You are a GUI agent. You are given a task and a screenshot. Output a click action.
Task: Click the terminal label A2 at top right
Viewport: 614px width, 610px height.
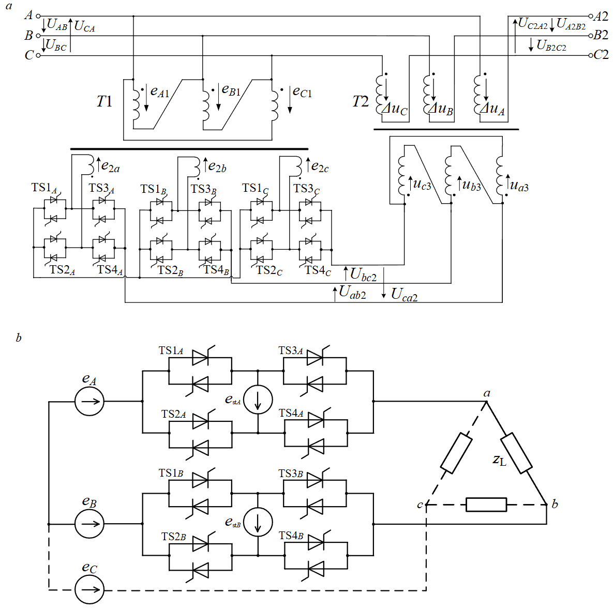pos(601,16)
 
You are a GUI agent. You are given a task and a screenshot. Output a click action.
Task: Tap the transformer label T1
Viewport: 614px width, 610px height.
pos(104,101)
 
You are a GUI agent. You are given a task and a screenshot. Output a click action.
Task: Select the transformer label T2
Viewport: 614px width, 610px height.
pos(361,101)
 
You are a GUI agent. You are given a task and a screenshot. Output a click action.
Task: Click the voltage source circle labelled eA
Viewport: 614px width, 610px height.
pos(89,401)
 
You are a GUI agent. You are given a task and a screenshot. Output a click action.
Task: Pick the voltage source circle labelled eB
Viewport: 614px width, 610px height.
pos(89,524)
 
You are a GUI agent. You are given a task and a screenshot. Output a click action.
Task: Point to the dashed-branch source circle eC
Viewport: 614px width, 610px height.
pos(89,589)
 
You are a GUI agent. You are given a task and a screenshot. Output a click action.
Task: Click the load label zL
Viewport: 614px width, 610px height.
pos(499,460)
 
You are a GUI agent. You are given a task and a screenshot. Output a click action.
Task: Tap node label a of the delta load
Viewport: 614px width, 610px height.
pos(487,393)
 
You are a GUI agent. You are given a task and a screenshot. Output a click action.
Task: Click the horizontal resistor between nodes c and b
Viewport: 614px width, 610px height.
pos(486,505)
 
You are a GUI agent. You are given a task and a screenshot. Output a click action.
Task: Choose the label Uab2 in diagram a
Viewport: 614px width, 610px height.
pos(352,293)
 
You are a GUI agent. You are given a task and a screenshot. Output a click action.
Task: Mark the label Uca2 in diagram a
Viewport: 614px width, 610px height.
pos(404,295)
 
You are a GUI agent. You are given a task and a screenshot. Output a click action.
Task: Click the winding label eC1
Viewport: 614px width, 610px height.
pos(302,92)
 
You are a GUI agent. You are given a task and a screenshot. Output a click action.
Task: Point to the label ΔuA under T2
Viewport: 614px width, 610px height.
pos(492,109)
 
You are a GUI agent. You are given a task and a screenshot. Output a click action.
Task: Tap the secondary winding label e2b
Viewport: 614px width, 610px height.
pos(217,166)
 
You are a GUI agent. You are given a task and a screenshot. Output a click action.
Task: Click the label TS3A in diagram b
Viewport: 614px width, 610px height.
pos(291,350)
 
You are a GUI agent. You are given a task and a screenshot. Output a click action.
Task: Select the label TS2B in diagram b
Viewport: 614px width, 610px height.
pos(174,537)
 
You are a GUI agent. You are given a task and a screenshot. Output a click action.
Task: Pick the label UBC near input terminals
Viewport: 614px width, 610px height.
pos(56,45)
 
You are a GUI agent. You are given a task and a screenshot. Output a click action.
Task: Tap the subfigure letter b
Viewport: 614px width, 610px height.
pos(19,339)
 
